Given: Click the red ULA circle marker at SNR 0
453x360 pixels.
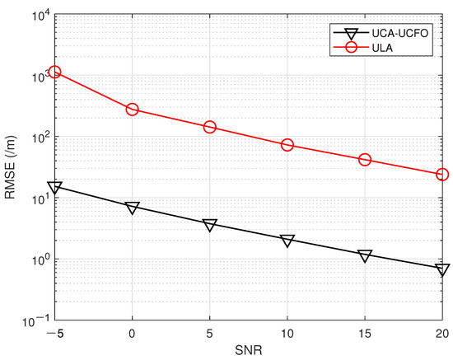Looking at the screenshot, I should coord(133,110).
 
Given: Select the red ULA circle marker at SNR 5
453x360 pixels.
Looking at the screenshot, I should coord(210,127).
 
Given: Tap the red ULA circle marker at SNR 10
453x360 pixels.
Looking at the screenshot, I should coord(287,145).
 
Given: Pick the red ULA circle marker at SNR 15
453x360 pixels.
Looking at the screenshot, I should coord(365,159).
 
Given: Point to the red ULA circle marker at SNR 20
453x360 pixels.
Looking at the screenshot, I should coord(442,175).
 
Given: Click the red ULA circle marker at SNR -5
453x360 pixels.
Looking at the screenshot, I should coord(55,72).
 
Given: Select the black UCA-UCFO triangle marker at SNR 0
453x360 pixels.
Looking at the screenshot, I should coord(133,208).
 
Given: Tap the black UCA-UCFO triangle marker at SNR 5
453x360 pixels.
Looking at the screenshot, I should coord(210,225).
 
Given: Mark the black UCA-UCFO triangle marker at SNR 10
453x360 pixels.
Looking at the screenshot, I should coord(287,241).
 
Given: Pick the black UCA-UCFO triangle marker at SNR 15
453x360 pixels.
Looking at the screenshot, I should coord(365,255).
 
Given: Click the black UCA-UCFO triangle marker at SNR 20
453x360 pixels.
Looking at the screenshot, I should coord(442,269).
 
